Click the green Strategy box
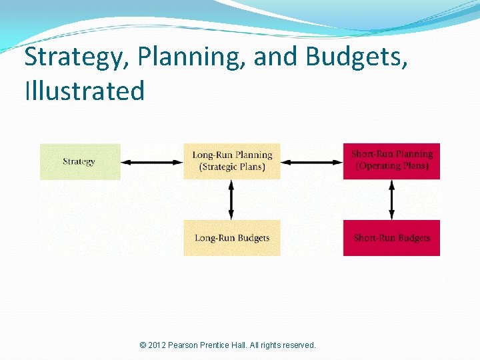(x=80, y=161)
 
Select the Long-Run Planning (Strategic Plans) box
(x=232, y=161)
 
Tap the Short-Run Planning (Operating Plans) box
(x=391, y=161)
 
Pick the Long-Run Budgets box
(x=232, y=238)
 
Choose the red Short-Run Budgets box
(x=391, y=238)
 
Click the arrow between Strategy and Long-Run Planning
(x=152, y=161)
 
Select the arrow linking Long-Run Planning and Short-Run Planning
(x=312, y=161)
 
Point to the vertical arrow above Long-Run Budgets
(x=231, y=199)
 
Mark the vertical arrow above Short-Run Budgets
(x=391, y=199)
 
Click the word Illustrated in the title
(x=85, y=91)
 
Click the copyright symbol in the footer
(x=143, y=345)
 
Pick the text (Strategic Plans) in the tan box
(x=232, y=167)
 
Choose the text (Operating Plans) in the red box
(x=392, y=166)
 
